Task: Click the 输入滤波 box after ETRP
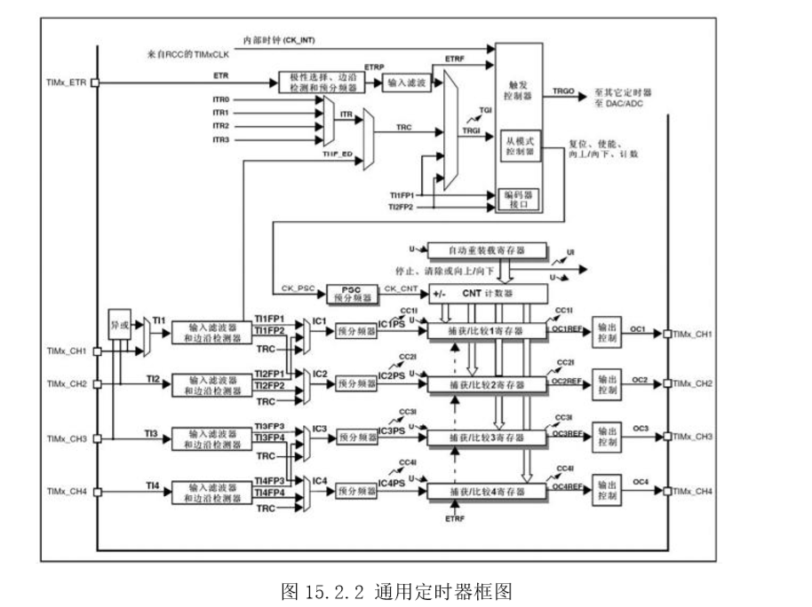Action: [403, 83]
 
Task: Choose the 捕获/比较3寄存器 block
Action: [485, 438]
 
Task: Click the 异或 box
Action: [118, 326]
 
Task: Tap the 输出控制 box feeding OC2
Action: [606, 384]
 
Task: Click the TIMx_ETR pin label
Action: [66, 83]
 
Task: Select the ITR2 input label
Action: [221, 126]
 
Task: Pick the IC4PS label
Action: [392, 483]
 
